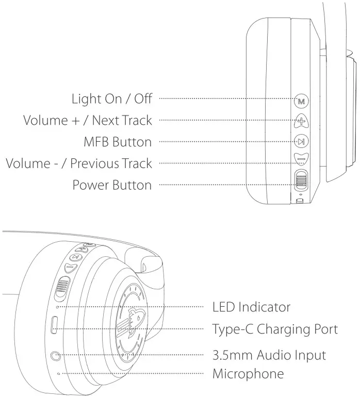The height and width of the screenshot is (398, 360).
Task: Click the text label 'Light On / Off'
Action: (112, 98)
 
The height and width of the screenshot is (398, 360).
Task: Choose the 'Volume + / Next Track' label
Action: (88, 120)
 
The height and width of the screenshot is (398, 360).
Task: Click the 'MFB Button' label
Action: (118, 142)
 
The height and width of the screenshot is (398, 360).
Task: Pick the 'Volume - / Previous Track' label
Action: (79, 163)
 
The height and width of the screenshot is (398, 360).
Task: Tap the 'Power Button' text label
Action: (112, 185)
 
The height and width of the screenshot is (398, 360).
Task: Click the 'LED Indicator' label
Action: (251, 307)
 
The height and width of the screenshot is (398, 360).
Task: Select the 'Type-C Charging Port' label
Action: (275, 329)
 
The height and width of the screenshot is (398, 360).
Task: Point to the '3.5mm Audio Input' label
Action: (269, 355)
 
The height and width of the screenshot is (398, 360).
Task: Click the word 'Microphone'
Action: (248, 373)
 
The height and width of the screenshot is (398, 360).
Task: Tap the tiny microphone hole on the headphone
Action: (58, 373)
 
